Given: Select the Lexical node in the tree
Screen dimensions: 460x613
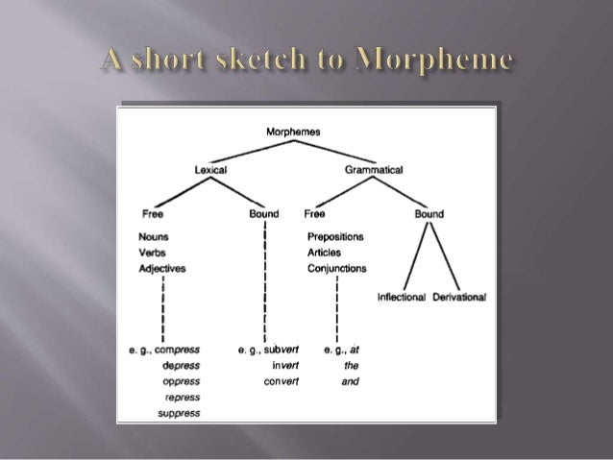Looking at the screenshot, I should [210, 169].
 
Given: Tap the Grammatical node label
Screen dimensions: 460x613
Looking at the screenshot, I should [373, 169].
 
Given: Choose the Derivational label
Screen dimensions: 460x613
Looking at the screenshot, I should [460, 297].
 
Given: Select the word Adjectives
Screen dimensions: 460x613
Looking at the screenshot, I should [161, 269].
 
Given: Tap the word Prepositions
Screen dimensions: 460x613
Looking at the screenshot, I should [335, 236].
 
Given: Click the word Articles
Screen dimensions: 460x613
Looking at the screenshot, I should [324, 253].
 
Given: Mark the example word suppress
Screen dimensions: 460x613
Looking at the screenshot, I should [183, 414].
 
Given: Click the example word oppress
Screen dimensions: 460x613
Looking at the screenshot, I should [182, 381].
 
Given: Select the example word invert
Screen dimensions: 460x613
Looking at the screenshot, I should [285, 365].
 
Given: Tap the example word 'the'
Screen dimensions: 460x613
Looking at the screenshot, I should [352, 365].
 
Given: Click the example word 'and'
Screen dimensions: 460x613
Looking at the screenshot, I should [352, 381].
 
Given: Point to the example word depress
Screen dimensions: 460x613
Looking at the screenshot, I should [182, 365].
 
